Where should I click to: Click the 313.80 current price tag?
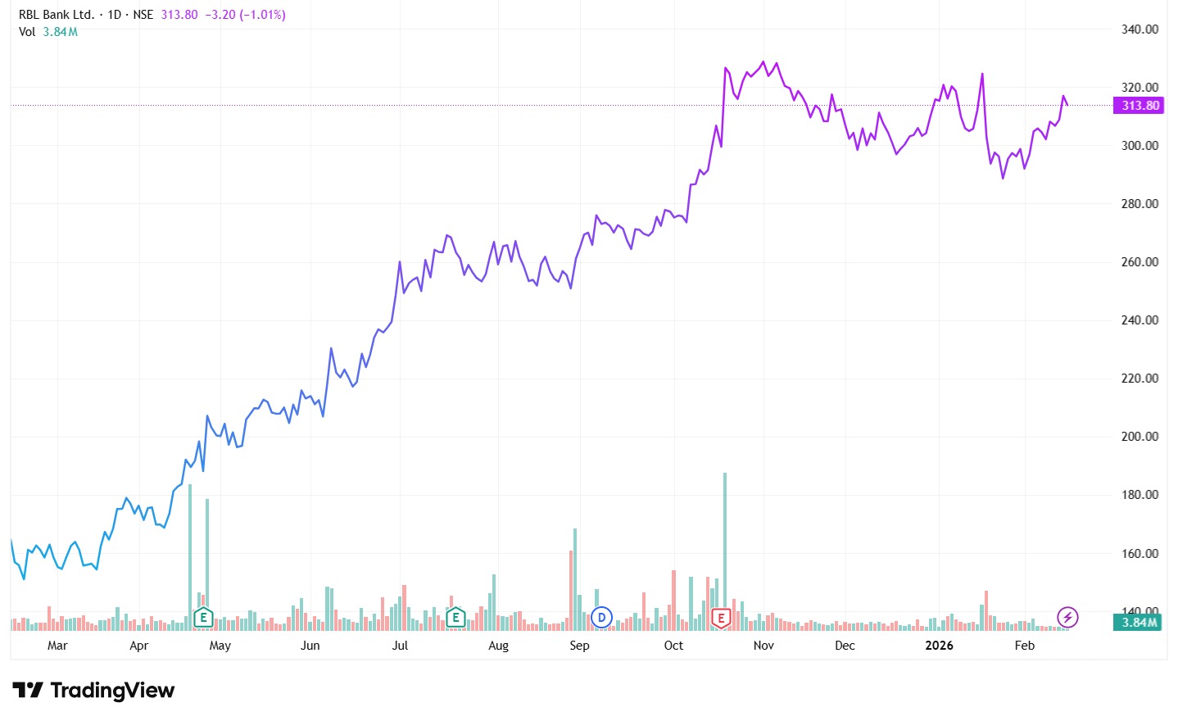[1139, 106]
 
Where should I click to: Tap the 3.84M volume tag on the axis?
[1139, 623]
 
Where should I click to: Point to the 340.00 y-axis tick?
[1139, 29]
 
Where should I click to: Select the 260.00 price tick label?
[1139, 262]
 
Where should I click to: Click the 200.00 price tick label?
[1139, 437]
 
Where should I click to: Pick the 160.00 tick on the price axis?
[1139, 554]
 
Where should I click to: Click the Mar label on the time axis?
[57, 646]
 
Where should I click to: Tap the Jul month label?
[400, 646]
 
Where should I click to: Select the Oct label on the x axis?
[673, 646]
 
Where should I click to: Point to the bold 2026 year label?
[939, 646]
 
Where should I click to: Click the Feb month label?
[1024, 646]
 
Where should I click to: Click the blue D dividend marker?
[601, 618]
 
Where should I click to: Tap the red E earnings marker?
[721, 618]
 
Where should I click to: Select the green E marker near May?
[203, 618]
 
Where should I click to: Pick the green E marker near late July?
[455, 618]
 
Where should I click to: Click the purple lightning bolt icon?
[1067, 617]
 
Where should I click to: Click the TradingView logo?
[93, 691]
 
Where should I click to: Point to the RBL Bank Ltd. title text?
[57, 15]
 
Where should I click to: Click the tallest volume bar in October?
[725, 549]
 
